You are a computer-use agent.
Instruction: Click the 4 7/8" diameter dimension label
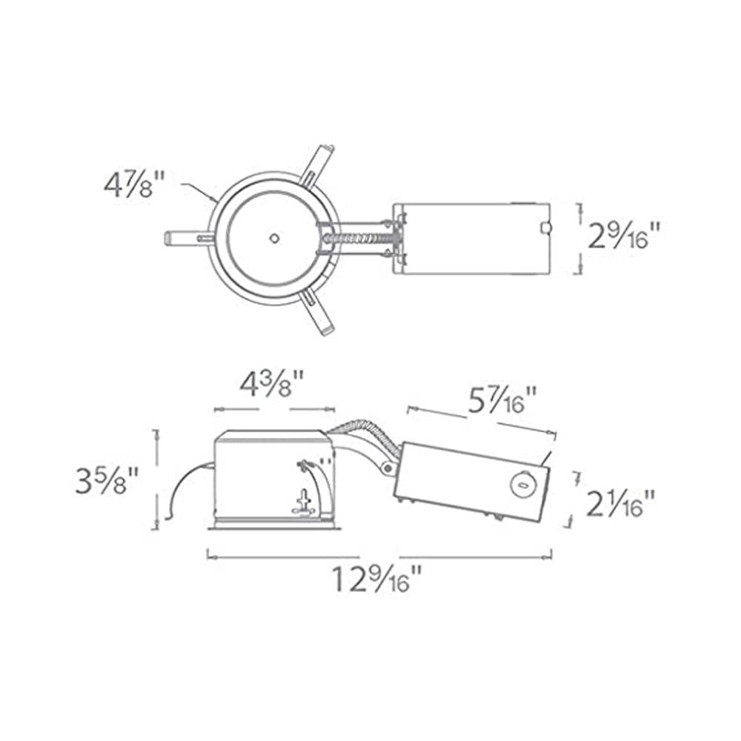point(133,182)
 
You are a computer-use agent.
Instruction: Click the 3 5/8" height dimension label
point(107,482)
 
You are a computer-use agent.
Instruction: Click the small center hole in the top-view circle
point(274,238)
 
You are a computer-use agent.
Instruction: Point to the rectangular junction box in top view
point(471,239)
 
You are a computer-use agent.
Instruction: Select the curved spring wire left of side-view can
point(182,489)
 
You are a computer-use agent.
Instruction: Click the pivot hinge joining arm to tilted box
point(387,467)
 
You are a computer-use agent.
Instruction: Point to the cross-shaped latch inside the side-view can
point(303,503)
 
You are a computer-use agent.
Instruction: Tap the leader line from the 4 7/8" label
point(196,191)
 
